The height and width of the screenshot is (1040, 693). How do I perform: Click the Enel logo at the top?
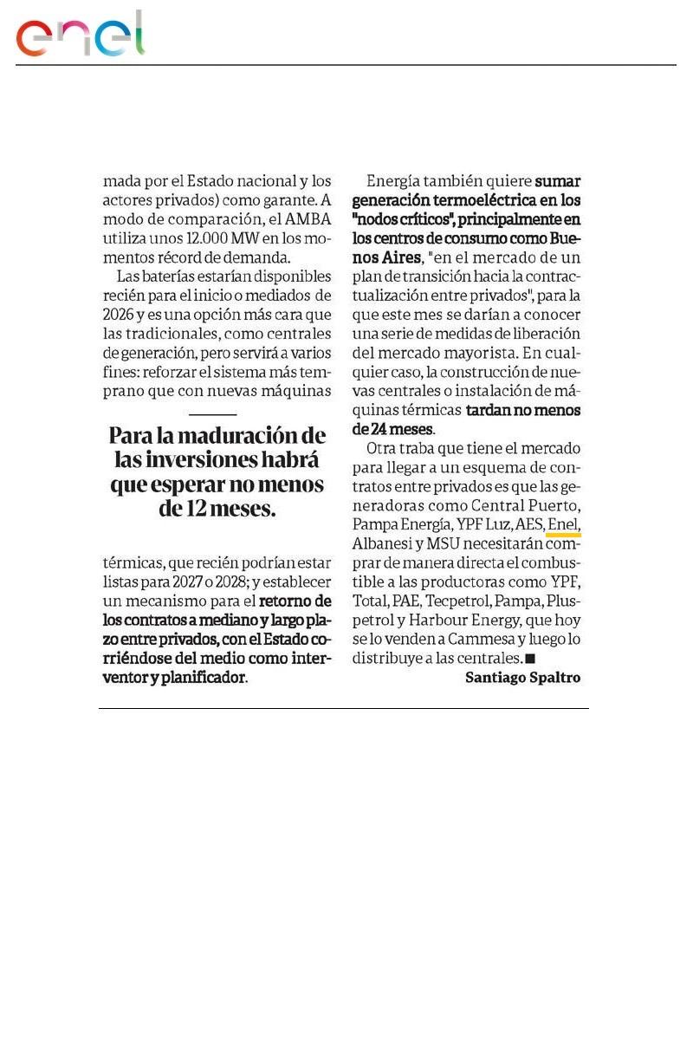(80, 36)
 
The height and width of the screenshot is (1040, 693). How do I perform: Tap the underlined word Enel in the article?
(563, 524)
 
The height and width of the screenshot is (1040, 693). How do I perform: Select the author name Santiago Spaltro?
(522, 678)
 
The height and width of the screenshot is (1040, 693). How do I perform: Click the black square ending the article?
(530, 659)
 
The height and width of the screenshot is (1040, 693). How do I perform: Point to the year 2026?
(117, 315)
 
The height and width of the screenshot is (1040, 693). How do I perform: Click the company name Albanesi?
(385, 544)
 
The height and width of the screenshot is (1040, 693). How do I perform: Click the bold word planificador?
(198, 678)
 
